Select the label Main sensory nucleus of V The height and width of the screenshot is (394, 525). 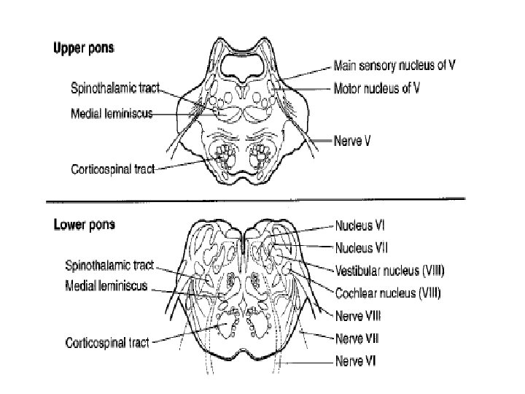coord(394,65)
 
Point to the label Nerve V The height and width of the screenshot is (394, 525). coord(353,141)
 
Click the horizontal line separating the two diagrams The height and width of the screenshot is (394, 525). coord(255,198)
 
